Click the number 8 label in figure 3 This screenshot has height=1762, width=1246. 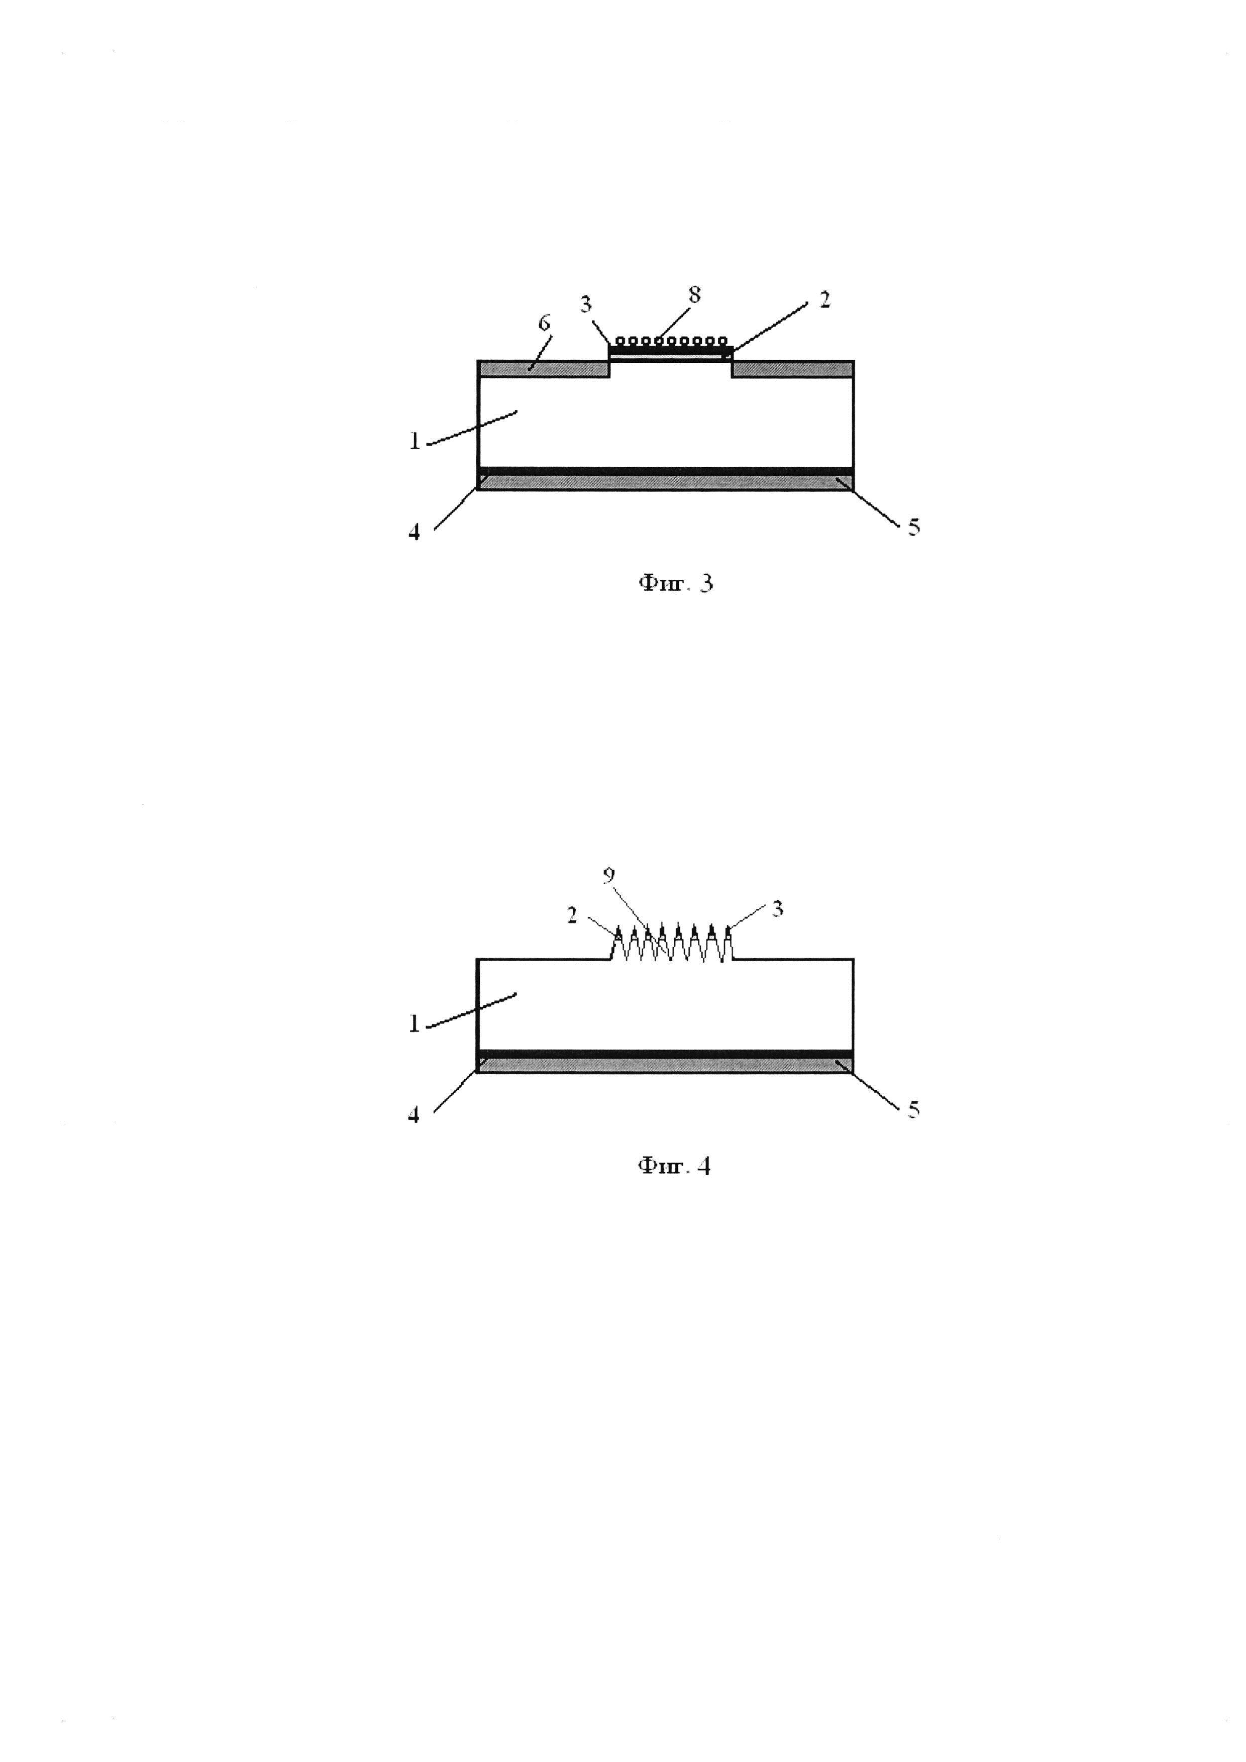point(694,295)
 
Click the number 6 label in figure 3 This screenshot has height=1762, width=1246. point(544,323)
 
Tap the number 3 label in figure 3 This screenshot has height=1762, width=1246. point(586,304)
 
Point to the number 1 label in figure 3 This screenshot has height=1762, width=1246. point(414,441)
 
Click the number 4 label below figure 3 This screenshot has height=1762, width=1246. point(414,532)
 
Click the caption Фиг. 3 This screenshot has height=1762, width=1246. point(675,584)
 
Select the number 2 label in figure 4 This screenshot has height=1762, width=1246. point(572,915)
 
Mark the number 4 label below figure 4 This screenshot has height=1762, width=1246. point(414,1115)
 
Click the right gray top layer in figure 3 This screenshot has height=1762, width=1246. point(792,369)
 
